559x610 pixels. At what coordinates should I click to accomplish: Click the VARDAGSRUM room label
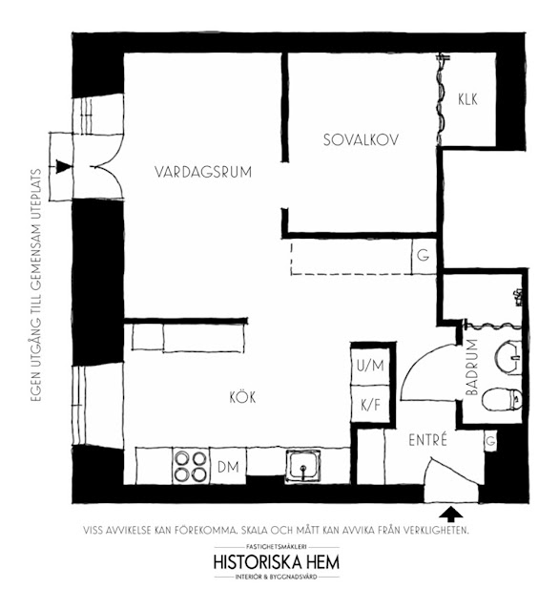pos(203,172)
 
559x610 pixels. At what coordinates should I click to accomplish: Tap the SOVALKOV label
pos(361,139)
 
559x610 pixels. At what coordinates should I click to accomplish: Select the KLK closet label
pos(467,99)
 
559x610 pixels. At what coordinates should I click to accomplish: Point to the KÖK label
pos(242,397)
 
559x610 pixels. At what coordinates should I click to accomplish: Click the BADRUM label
pos(471,368)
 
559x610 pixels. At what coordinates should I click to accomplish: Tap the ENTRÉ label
pos(427,440)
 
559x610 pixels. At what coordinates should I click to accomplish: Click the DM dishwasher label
pos(228,467)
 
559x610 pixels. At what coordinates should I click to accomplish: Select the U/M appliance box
pos(370,366)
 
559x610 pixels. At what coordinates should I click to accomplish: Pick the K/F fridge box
pos(370,405)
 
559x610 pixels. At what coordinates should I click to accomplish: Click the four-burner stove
pos(190,466)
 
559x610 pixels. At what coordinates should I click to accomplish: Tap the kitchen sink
pos(303,466)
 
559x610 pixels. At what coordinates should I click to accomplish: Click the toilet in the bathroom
pos(502,399)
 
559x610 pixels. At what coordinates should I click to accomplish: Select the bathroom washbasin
pos(508,357)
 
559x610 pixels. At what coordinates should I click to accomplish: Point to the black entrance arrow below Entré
pos(451,514)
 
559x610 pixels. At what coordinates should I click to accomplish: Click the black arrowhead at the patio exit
pos(63,166)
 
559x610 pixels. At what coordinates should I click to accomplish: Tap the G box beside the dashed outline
pos(424,256)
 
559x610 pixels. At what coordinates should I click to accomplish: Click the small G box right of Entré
pos(490,441)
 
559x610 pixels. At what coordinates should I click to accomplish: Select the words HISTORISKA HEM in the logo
pos(277,562)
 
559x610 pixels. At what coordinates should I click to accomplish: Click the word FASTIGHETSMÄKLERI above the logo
pos(277,547)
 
